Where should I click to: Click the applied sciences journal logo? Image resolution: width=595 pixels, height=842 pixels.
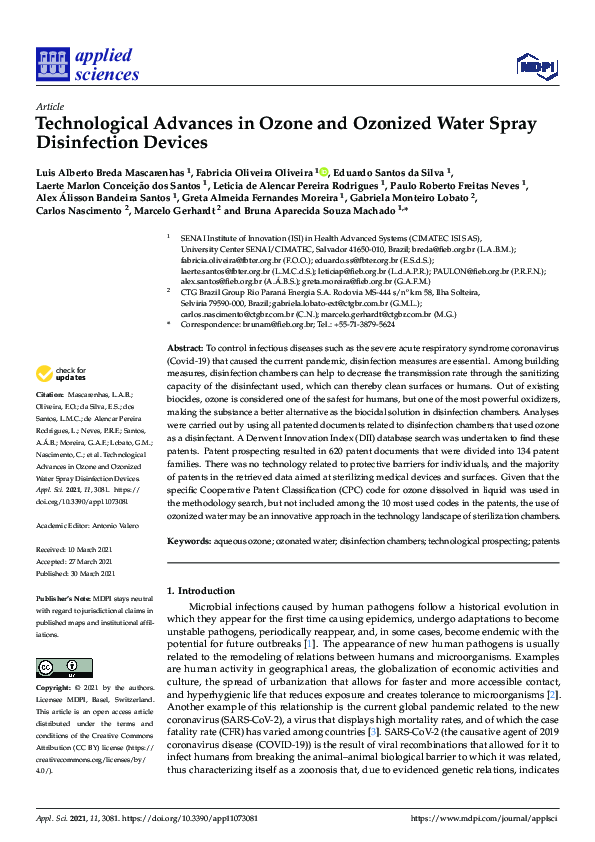[x=88, y=64]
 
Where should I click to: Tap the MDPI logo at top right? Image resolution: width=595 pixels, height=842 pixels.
[x=536, y=66]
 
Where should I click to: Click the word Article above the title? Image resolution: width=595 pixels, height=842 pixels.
[x=49, y=105]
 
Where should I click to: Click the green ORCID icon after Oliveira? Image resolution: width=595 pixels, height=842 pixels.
[x=325, y=171]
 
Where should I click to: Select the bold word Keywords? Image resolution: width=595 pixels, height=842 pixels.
[x=190, y=540]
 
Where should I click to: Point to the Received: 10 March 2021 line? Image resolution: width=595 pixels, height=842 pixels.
[x=77, y=550]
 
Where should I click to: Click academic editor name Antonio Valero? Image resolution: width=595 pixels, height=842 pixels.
[x=117, y=524]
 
